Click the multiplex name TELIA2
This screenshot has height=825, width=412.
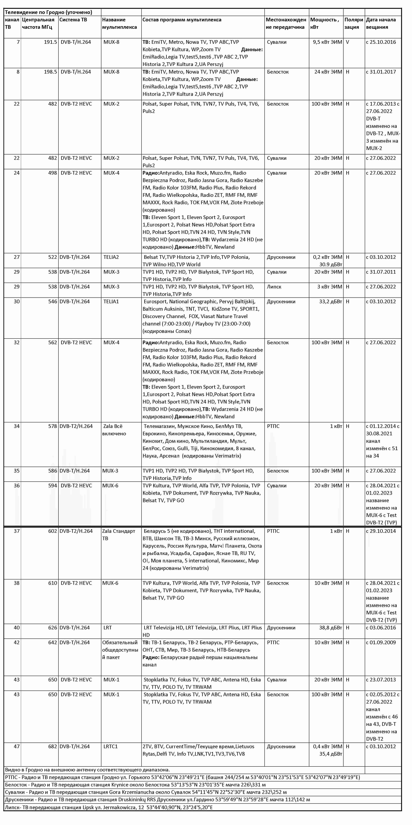click(x=111, y=257)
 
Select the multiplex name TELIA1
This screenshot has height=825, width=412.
click(x=111, y=301)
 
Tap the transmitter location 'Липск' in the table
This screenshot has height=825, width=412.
click(x=274, y=287)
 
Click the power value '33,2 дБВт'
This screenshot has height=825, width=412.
click(x=331, y=301)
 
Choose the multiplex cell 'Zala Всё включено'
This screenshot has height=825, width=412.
click(x=114, y=430)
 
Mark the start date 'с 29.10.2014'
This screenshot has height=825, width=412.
click(x=381, y=531)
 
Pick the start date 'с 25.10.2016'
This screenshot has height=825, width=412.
click(x=381, y=42)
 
